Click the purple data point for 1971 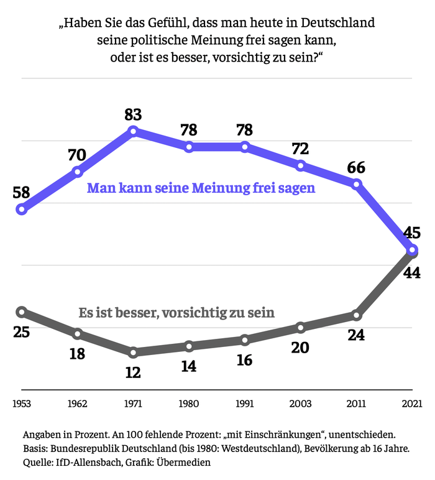pos(133,131)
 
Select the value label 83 pos(133,114)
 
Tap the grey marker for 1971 pos(133,353)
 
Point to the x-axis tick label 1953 pos(22,403)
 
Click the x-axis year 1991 pos(245,403)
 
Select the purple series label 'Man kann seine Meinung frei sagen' pos(201,188)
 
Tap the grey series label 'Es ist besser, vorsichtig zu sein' pos(176,313)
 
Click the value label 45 pos(412,233)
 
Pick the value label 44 pos(412,271)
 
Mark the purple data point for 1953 pos(22,209)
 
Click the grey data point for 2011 pos(357,315)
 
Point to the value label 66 pos(356,167)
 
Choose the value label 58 pos(22,192)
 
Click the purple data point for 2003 pos(301,165)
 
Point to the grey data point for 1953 pos(22,312)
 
